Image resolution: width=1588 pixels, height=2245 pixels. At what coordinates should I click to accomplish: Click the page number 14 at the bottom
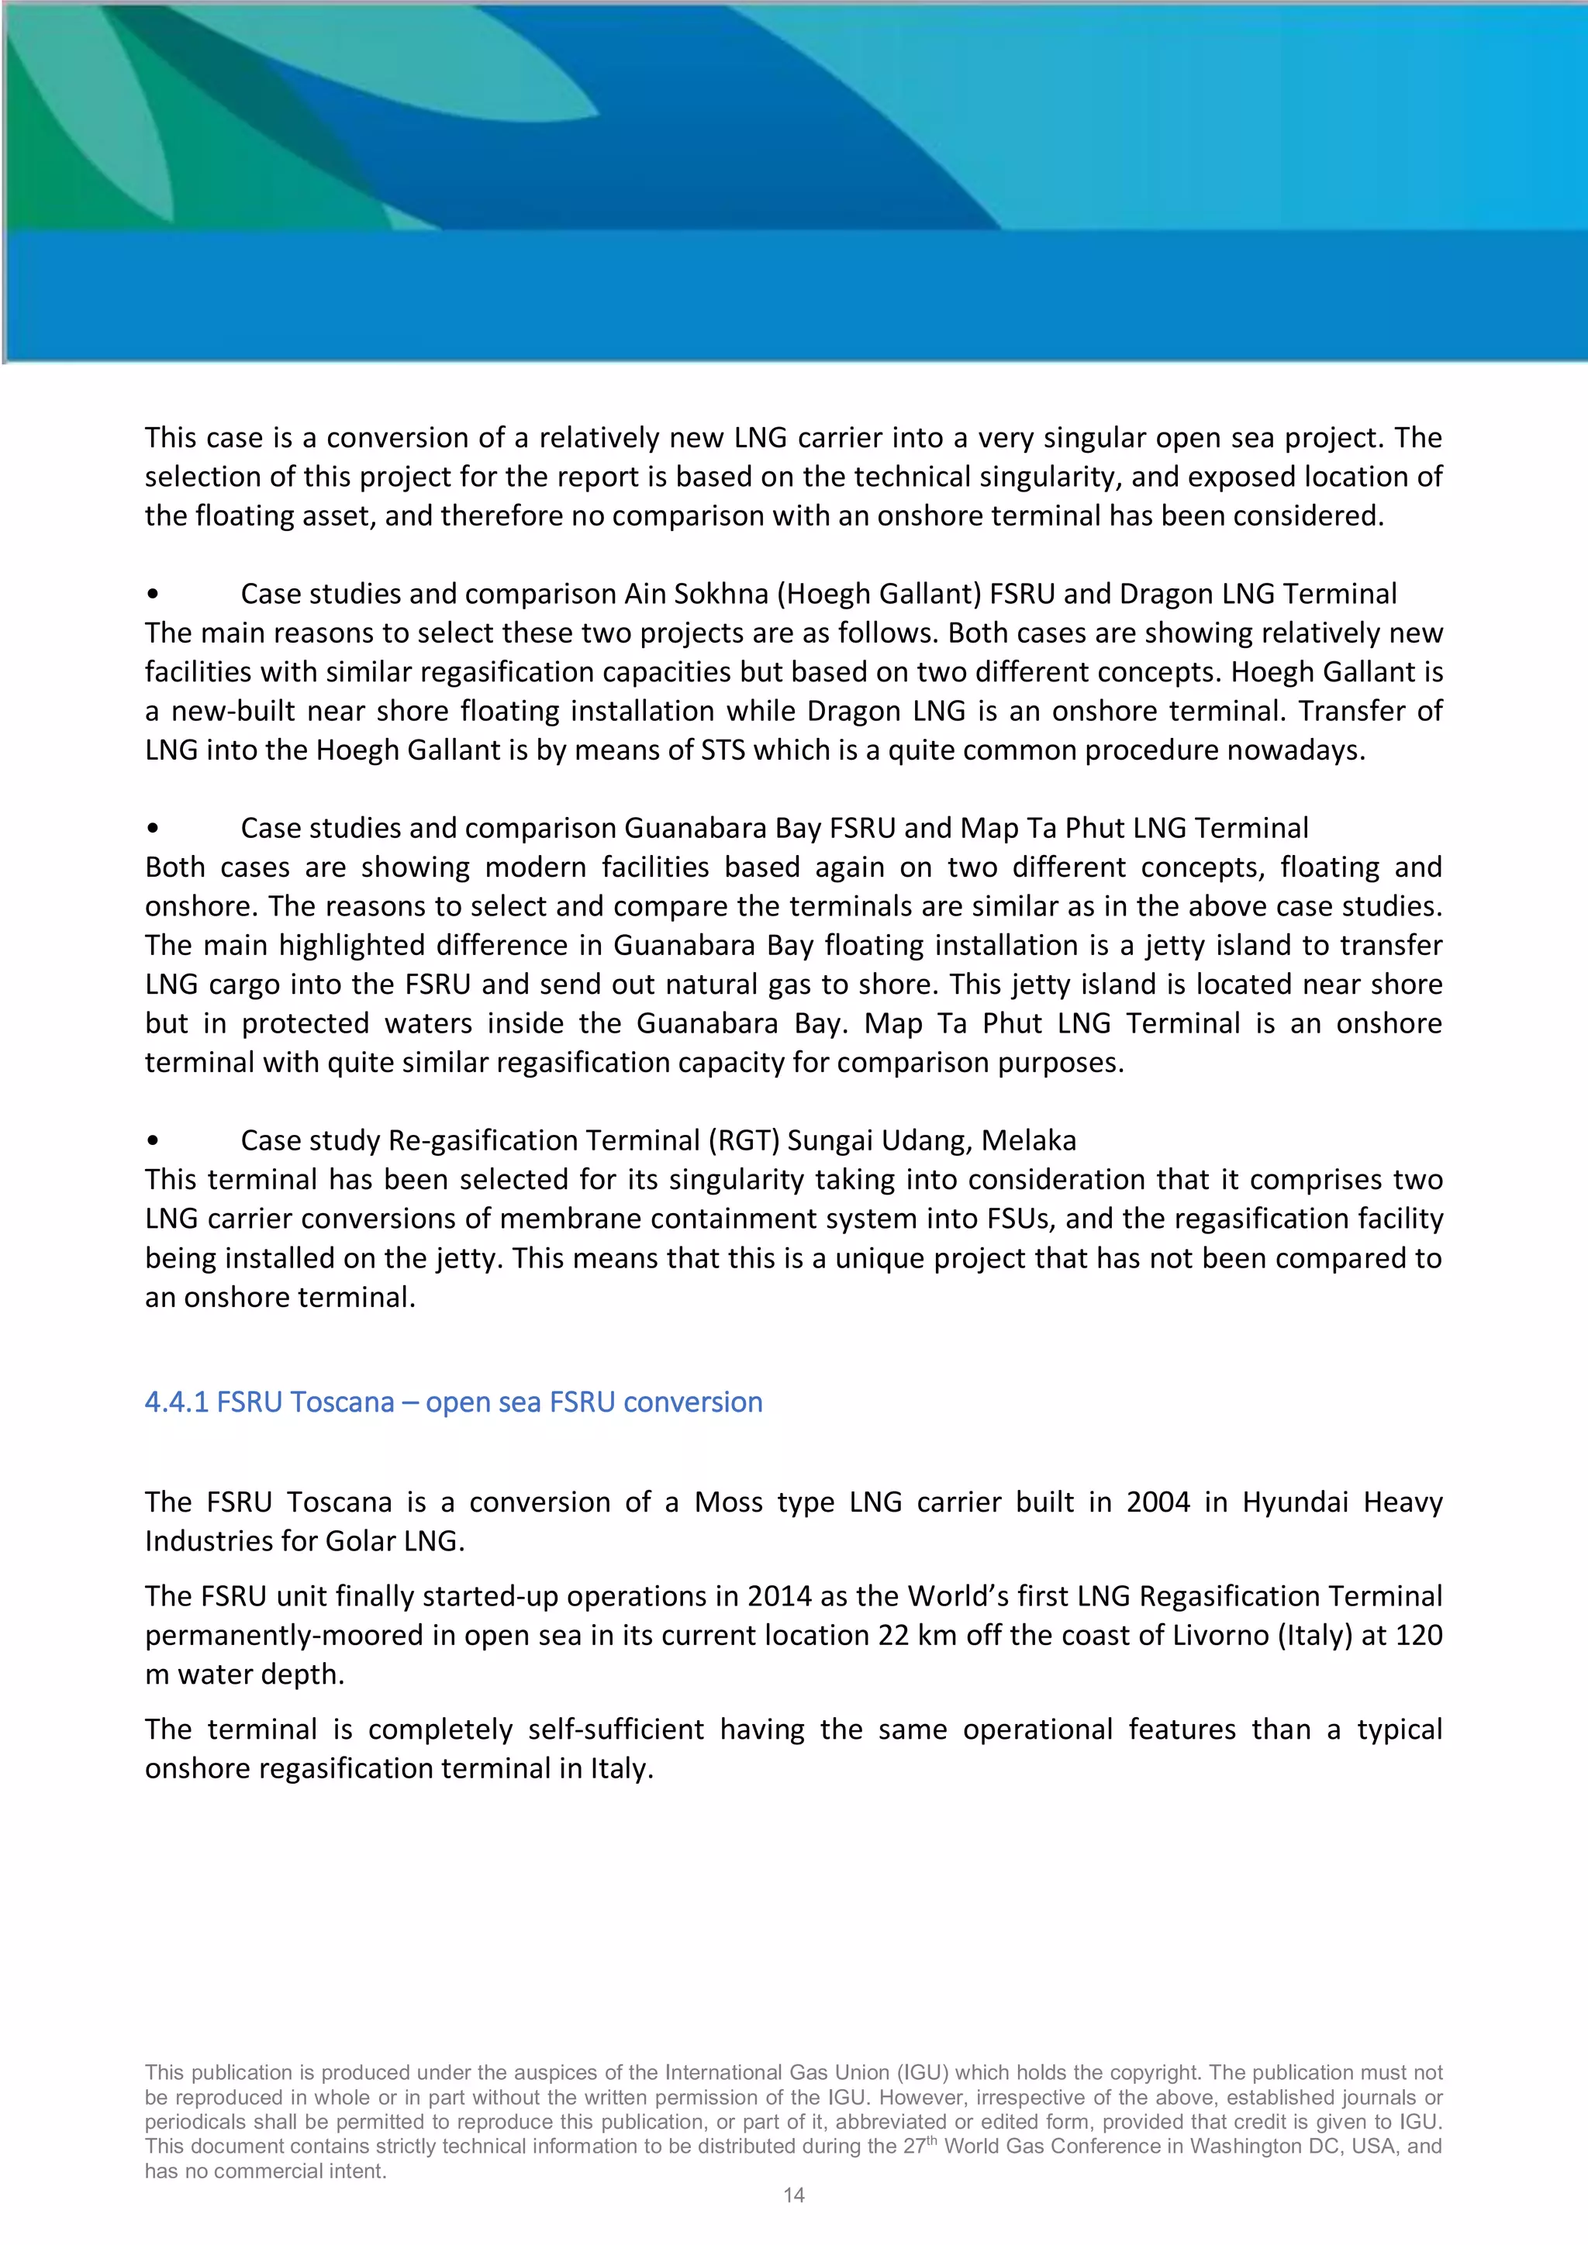click(x=793, y=2195)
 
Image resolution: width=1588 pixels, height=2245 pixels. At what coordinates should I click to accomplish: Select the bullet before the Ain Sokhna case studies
click(x=153, y=595)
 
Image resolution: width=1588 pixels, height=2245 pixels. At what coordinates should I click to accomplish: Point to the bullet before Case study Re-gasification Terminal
click(x=153, y=1141)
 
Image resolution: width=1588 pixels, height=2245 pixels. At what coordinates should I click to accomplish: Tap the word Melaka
click(x=1029, y=1140)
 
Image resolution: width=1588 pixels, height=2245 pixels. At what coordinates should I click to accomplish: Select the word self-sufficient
click(x=615, y=1729)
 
